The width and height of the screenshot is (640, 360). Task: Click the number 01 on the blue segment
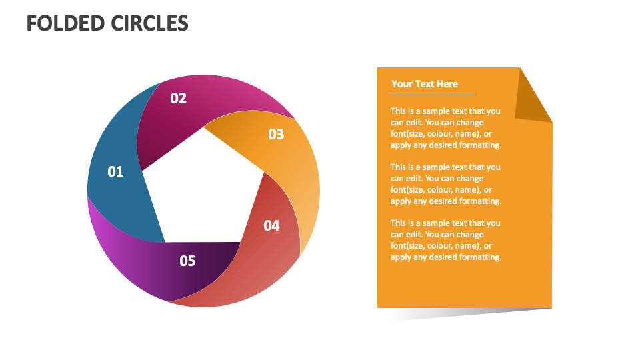coord(115,172)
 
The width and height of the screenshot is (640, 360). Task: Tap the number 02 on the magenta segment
coord(178,99)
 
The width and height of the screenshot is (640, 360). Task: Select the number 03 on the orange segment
coord(276,135)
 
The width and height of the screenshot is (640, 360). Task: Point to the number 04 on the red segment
coord(271,226)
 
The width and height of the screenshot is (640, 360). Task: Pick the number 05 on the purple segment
coord(187,261)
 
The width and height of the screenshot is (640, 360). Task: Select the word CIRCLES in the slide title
coord(149,24)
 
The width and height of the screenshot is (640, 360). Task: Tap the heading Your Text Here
coord(425,84)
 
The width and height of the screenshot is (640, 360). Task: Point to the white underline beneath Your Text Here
coord(433,95)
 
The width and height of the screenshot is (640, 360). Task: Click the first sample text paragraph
coord(445,128)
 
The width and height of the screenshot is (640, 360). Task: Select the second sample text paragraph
coord(445,184)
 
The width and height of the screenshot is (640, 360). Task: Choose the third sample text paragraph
coord(445,240)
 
